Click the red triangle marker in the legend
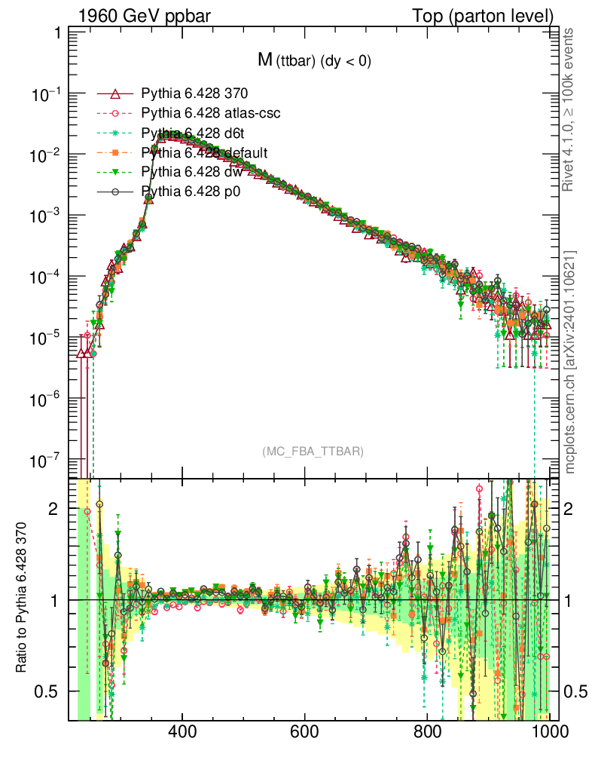coord(115,93)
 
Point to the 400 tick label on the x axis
coord(182,732)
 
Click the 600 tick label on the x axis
coord(305,732)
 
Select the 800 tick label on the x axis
coord(427,732)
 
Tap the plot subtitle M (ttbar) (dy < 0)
coord(314,61)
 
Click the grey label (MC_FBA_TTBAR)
coord(313,452)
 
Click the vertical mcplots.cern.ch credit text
coord(571,362)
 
